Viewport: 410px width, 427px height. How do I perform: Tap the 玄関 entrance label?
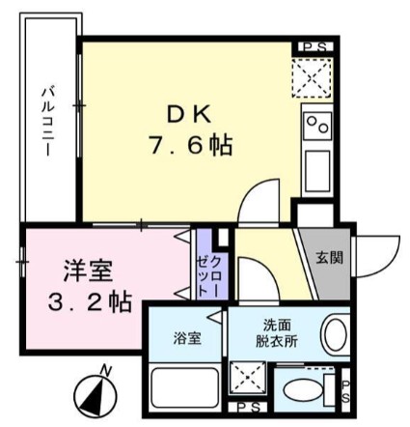tap(327, 258)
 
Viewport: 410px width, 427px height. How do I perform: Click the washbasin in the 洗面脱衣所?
tap(335, 336)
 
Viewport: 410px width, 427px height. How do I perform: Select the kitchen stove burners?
tap(317, 124)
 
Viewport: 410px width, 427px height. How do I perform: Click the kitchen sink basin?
tap(317, 170)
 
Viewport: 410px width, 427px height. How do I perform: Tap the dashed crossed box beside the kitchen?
tap(314, 75)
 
